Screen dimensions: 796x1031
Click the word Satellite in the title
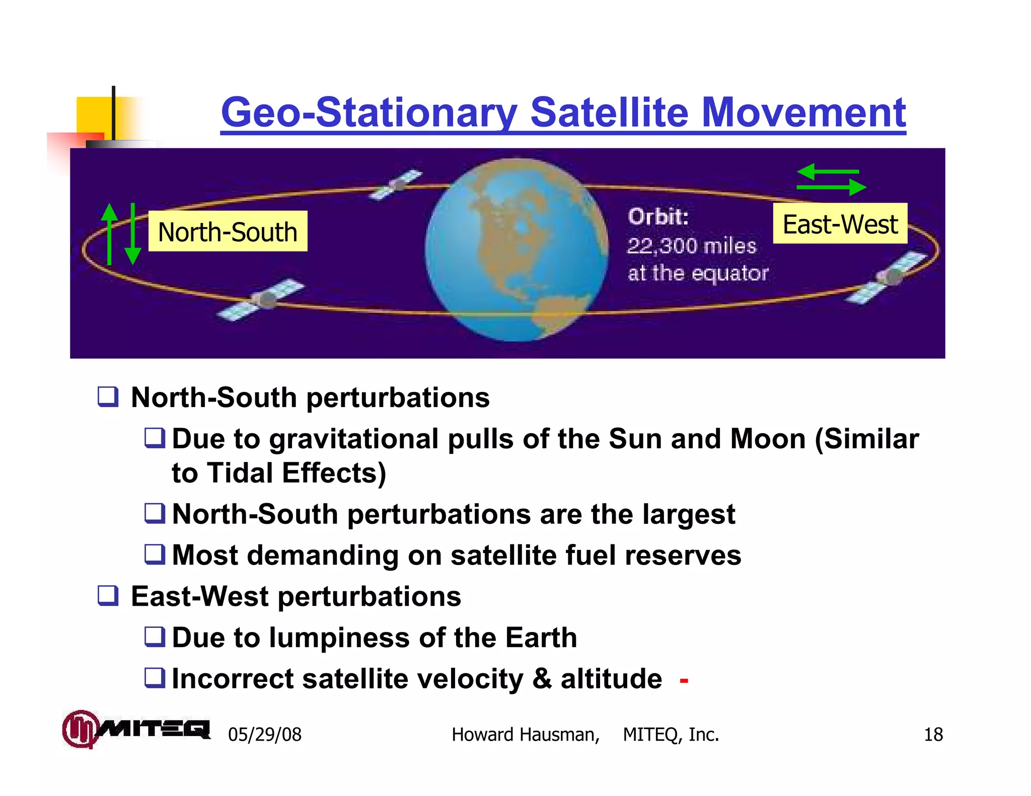point(609,112)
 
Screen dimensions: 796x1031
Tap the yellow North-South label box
point(228,231)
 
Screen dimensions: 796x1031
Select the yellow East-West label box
point(840,224)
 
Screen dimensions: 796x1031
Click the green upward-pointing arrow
point(109,233)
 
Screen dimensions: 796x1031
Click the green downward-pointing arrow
point(132,234)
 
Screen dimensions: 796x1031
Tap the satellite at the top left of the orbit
point(396,185)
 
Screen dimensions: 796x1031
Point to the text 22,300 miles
point(691,246)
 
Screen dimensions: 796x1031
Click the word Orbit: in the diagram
point(658,217)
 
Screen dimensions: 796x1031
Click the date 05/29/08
point(265,735)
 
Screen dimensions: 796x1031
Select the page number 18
point(933,735)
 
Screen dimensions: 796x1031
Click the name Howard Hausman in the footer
point(525,735)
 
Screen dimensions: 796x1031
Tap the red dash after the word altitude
point(684,681)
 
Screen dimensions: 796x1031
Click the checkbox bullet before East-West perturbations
point(108,596)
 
